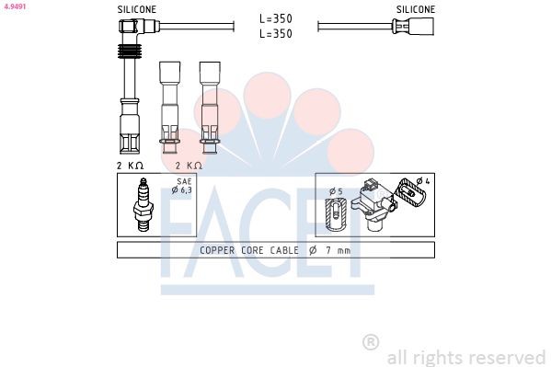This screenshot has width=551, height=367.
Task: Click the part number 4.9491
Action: tap(15, 6)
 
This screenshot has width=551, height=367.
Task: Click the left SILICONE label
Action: tap(137, 9)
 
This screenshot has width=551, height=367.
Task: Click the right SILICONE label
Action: tap(416, 9)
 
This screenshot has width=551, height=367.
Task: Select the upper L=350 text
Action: tap(276, 18)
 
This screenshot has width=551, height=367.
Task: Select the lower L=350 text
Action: tap(276, 33)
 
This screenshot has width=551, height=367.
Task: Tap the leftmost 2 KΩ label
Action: tap(130, 165)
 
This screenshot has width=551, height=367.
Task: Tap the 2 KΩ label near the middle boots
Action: tap(189, 165)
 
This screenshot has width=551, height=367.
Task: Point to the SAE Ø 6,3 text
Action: tap(182, 187)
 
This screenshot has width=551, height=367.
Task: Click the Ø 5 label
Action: tap(336, 191)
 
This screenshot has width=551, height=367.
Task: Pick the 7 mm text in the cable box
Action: tap(338, 250)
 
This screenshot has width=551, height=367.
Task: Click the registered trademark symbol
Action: tap(371, 342)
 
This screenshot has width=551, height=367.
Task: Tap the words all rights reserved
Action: tap(465, 357)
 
